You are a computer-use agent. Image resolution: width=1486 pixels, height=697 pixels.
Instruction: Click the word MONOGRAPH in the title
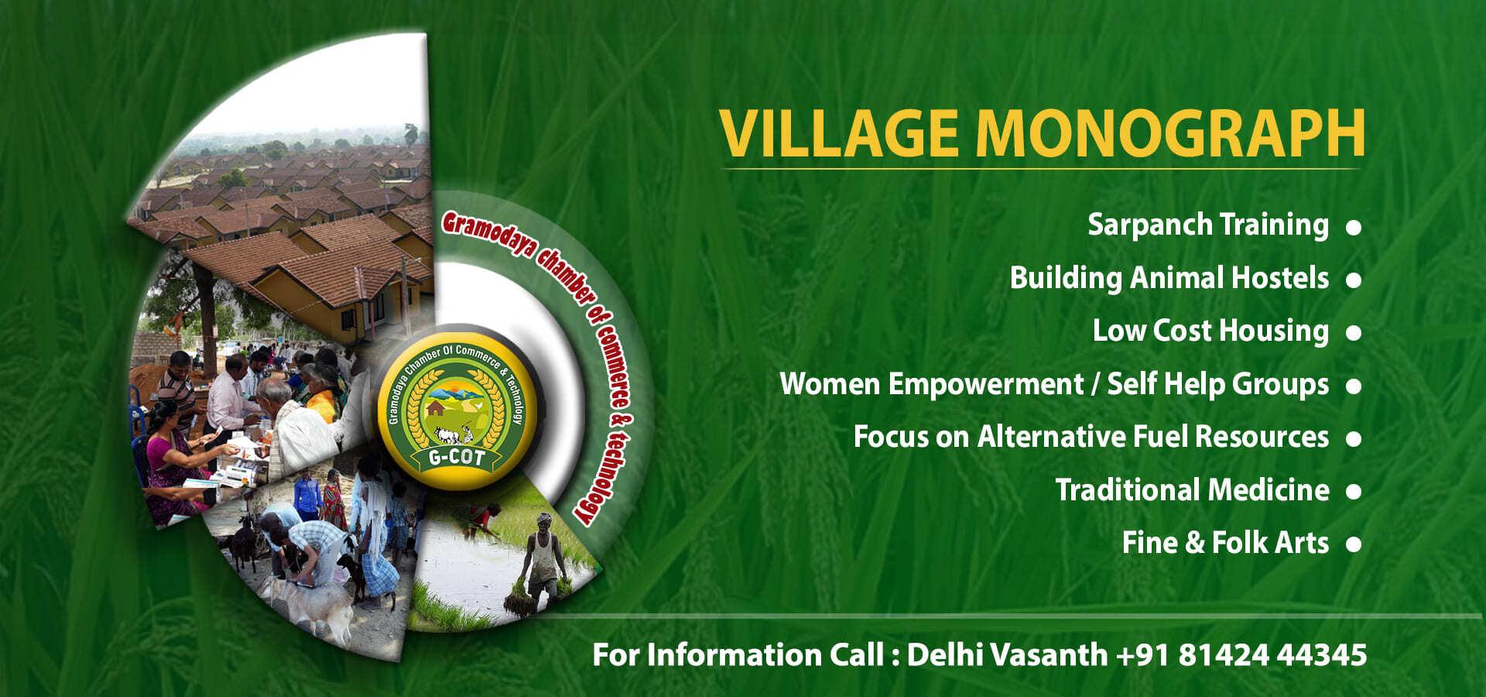[x=1169, y=133]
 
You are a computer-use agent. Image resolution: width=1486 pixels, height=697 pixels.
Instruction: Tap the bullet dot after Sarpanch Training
[x=1354, y=228]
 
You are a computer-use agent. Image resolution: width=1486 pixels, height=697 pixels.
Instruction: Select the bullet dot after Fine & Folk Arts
[x=1354, y=544]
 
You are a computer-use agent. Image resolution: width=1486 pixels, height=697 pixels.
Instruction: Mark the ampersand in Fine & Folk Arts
[x=1195, y=543]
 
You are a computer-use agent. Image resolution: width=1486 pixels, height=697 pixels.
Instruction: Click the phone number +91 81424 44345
[x=1241, y=655]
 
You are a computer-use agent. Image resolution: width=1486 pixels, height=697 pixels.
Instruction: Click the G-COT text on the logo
[x=457, y=458]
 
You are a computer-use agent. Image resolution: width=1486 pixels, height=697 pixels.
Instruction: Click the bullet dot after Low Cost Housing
[x=1354, y=333]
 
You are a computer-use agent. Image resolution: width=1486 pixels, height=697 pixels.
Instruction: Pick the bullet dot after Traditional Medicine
[x=1354, y=492]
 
